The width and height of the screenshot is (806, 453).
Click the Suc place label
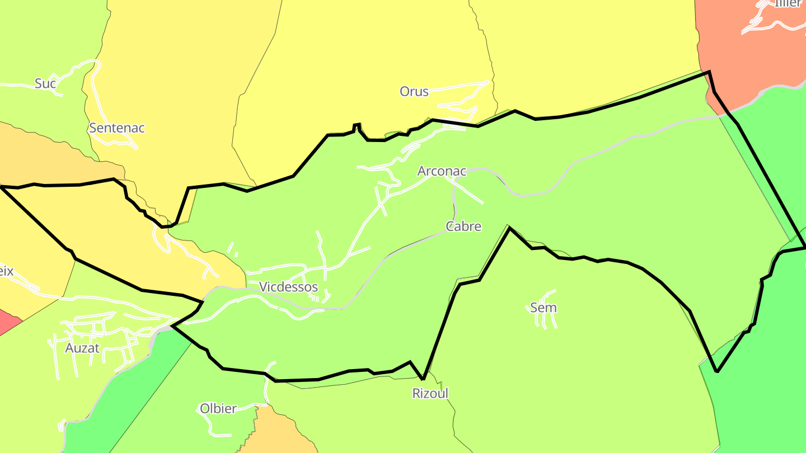(45, 83)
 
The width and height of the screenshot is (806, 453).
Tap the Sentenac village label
(117, 128)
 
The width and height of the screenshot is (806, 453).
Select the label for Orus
(414, 91)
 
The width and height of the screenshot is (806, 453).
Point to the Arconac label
(442, 171)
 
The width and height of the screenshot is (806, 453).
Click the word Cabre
(463, 226)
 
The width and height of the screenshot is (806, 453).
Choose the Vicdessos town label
(288, 287)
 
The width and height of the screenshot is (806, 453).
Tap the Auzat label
(82, 348)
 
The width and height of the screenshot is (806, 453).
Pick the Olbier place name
(218, 409)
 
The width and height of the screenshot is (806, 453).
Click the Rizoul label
(430, 393)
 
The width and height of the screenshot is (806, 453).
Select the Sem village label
(543, 308)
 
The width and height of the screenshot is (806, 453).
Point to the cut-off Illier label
(788, 3)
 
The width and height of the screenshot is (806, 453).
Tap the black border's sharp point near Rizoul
(423, 379)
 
